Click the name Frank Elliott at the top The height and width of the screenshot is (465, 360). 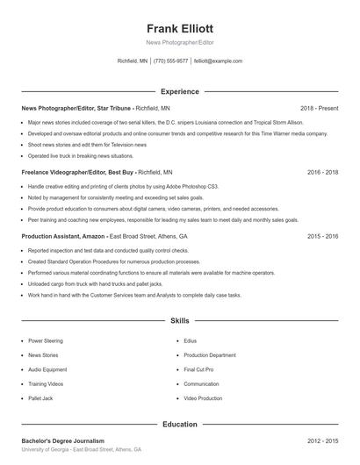click(180, 28)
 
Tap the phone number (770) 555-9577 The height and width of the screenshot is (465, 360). click(170, 61)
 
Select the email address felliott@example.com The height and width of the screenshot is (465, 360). click(218, 61)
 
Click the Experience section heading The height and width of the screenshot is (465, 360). click(180, 91)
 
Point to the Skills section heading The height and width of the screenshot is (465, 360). click(180, 322)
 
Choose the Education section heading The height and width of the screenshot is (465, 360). click(180, 425)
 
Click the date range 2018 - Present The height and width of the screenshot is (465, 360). click(319, 108)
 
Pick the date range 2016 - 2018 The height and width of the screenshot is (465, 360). click(322, 173)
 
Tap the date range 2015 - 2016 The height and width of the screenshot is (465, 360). click(322, 237)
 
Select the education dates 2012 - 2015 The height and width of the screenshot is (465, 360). click(322, 440)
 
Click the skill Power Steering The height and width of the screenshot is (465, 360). click(46, 340)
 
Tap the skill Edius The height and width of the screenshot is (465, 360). click(190, 340)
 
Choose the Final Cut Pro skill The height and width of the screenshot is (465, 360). click(198, 369)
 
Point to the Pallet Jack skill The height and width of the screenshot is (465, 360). click(41, 398)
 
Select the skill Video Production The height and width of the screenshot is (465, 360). click(203, 398)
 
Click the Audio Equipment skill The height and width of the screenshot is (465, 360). click(47, 369)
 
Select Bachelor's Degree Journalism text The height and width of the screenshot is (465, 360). click(62, 440)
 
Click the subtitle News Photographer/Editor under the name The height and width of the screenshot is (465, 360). click(180, 42)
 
